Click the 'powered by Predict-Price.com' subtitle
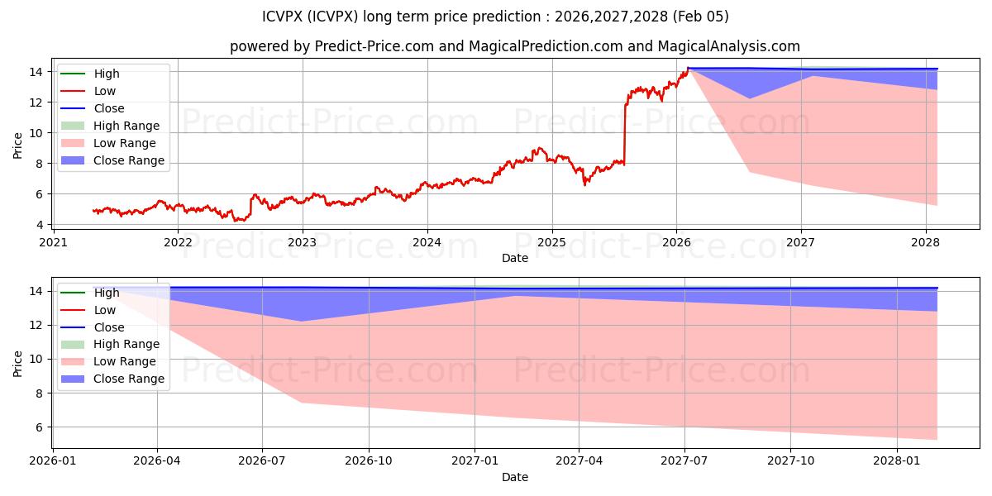(514, 46)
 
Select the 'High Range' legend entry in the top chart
(126, 126)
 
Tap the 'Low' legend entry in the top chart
(105, 91)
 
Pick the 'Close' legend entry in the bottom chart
(109, 327)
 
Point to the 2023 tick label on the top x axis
(303, 242)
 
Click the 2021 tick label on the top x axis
(54, 242)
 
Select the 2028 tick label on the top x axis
(925, 242)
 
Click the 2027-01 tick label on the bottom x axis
(475, 460)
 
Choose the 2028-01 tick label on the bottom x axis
(897, 460)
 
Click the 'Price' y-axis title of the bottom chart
(18, 363)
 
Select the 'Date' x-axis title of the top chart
(514, 258)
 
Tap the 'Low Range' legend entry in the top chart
(125, 143)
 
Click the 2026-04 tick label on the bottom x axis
(157, 460)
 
